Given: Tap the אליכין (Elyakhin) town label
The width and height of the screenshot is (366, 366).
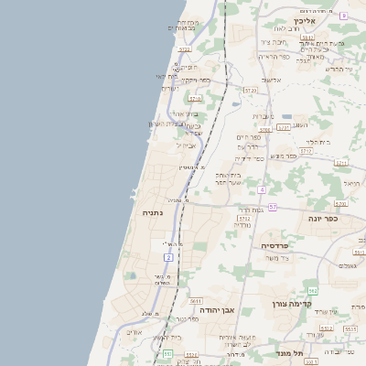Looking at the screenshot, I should (305, 20).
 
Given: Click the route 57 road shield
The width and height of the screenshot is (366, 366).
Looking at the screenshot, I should (272, 207).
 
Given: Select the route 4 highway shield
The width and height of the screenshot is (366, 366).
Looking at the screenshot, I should (261, 188).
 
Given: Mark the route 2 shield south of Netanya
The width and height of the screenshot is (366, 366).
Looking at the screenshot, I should (169, 257).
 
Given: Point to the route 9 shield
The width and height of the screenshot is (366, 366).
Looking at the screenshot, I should (343, 15).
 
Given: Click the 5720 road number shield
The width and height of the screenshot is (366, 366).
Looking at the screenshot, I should (251, 90).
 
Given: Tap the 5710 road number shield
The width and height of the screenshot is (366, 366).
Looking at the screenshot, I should (194, 97).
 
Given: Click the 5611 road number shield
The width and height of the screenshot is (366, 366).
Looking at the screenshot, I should (195, 300).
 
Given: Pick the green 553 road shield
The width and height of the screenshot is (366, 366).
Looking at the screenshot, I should (167, 353).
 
